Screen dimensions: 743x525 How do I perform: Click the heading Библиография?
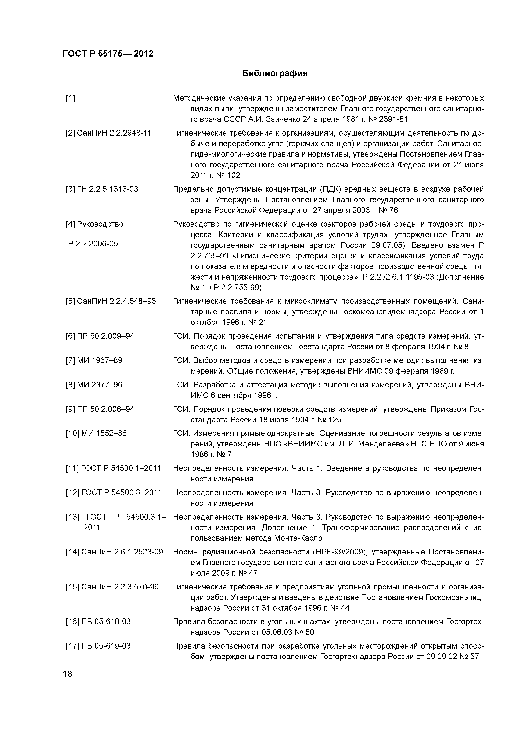[x=275, y=73]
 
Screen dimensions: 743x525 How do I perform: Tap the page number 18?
[x=68, y=674]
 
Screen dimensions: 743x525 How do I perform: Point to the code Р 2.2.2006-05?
[x=93, y=244]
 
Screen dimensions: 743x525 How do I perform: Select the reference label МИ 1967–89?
[x=100, y=360]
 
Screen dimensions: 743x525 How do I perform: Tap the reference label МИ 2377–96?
[x=100, y=385]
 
